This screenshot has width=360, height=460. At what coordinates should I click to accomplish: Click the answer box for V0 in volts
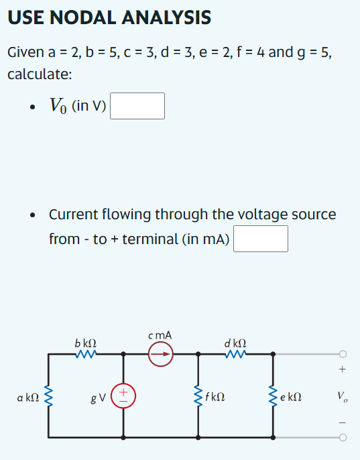137,106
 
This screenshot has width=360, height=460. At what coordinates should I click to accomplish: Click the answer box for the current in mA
261,239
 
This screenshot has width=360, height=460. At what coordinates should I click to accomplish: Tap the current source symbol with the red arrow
161,353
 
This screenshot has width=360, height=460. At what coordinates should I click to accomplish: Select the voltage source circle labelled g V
123,395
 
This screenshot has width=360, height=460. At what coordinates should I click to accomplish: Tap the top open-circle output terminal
343,353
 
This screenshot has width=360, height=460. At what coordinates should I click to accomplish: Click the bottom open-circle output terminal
343,438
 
